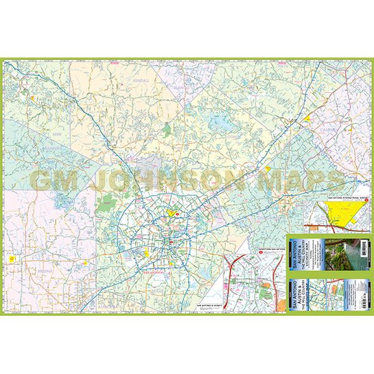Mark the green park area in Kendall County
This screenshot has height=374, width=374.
(x=167, y=130)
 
